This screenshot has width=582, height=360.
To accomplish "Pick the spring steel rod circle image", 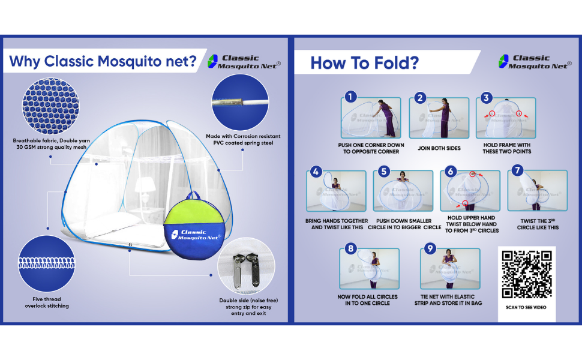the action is (238, 103).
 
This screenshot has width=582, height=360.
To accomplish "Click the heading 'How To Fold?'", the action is (364, 63).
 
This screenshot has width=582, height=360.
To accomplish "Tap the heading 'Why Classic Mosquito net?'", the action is (103, 61).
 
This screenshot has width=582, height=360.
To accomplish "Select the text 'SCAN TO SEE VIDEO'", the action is (526, 307).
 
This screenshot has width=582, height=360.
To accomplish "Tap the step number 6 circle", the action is (451, 172).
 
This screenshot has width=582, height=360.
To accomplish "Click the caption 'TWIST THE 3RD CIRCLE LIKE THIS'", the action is (539, 224).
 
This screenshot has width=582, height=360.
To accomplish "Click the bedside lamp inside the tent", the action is (142, 186).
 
